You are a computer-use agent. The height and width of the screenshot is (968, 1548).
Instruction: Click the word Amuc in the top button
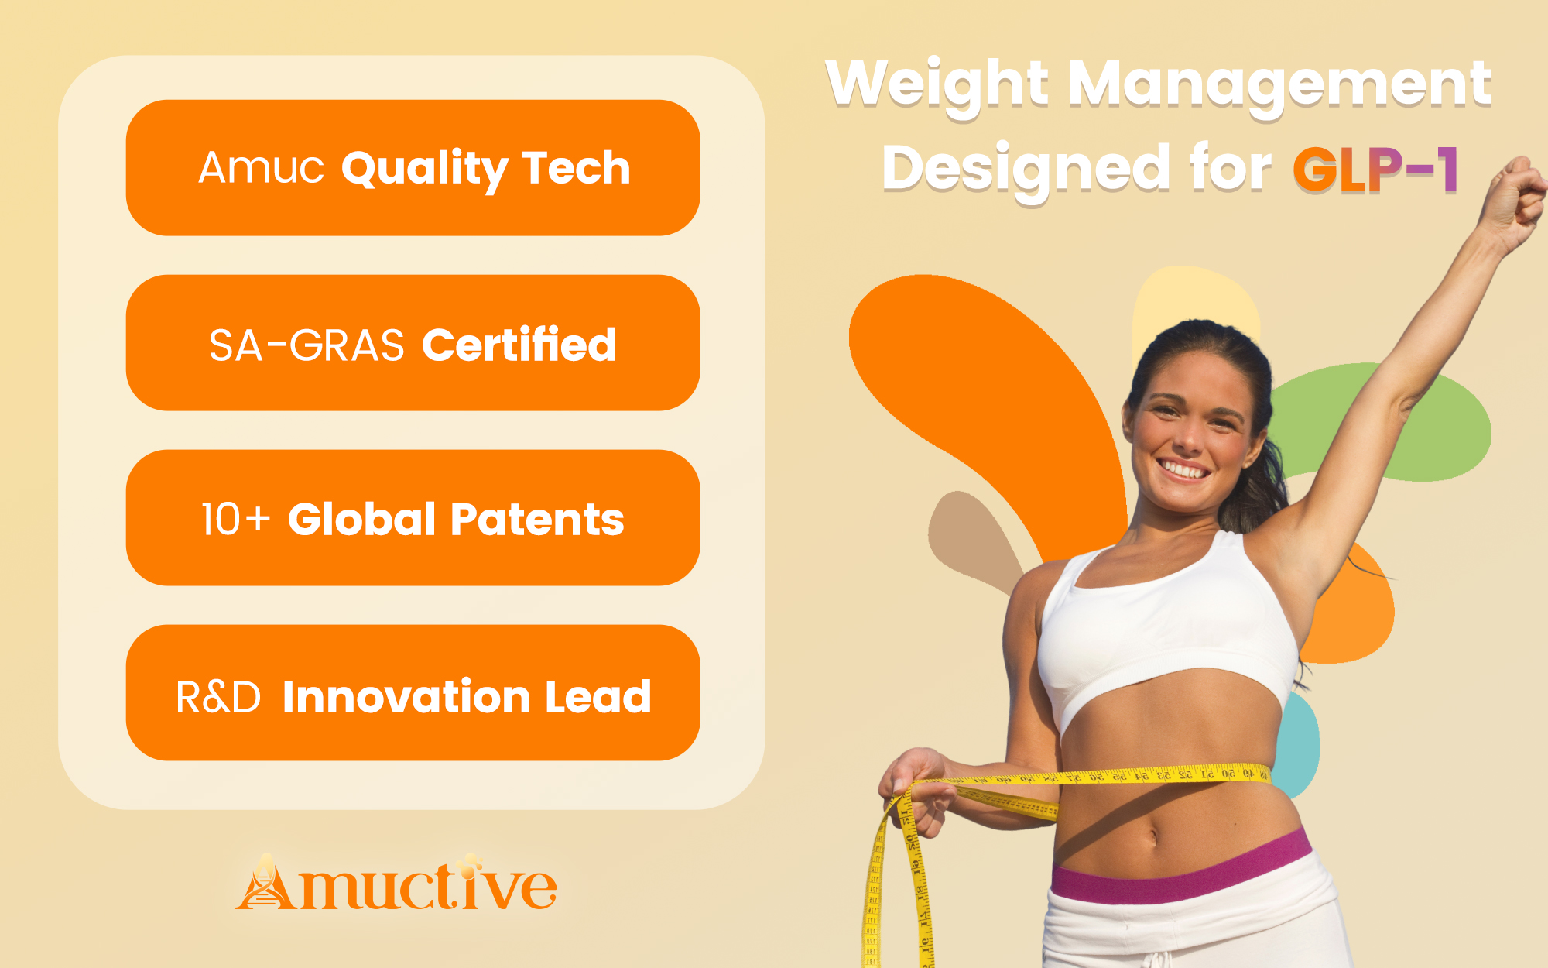coord(261,167)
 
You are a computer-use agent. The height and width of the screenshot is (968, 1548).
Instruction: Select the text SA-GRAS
coord(307,345)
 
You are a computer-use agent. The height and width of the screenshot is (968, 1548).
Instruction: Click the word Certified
coord(519,344)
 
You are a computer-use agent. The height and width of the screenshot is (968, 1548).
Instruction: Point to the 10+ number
coord(236,519)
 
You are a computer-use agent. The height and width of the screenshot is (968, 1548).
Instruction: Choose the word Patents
coord(537,519)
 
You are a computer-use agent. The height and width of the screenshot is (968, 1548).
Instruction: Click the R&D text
coord(218,697)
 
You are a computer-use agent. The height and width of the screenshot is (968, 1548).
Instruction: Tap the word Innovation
coord(406,696)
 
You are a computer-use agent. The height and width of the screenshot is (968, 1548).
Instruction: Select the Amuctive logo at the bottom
coord(396,882)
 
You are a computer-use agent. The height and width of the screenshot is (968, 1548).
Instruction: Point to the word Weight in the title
coord(937,86)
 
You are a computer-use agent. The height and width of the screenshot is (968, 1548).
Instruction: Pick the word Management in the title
coord(1280,86)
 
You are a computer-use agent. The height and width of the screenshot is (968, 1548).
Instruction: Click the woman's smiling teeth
coord(1183,469)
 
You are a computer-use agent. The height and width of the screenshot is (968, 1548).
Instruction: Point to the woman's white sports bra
coord(1165,627)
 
